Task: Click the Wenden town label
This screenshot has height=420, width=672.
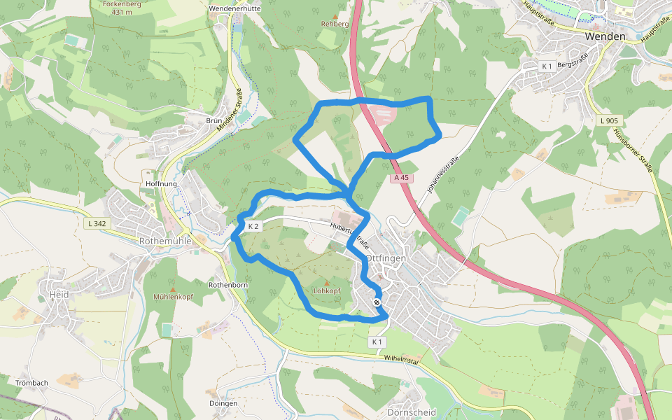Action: coord(605,36)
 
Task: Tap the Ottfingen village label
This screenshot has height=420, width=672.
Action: coord(386,258)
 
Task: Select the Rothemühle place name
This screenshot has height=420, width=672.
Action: coord(165,241)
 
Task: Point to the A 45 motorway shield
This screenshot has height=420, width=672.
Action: coord(400,178)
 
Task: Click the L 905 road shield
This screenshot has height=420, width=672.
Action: coord(609,120)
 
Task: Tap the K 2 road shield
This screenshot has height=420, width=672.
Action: coord(253,226)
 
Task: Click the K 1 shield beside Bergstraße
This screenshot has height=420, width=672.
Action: coord(547,66)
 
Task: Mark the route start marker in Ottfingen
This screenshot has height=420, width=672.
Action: coord(377,302)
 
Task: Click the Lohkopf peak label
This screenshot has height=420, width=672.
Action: coord(326,290)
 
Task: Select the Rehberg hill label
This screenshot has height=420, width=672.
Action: coord(335,24)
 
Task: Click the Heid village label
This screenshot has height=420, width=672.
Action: coord(59,295)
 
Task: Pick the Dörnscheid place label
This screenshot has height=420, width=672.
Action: coord(411,412)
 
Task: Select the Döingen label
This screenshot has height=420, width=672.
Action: coord(223,403)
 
